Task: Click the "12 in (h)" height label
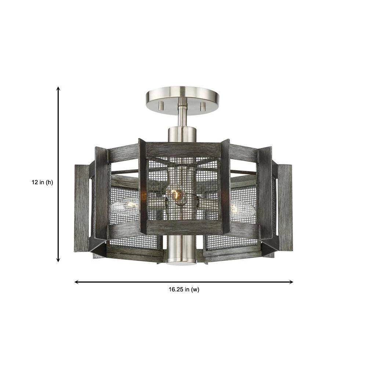[x=42, y=182]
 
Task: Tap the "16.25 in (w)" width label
[x=184, y=290]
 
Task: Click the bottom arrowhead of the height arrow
[x=58, y=259]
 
